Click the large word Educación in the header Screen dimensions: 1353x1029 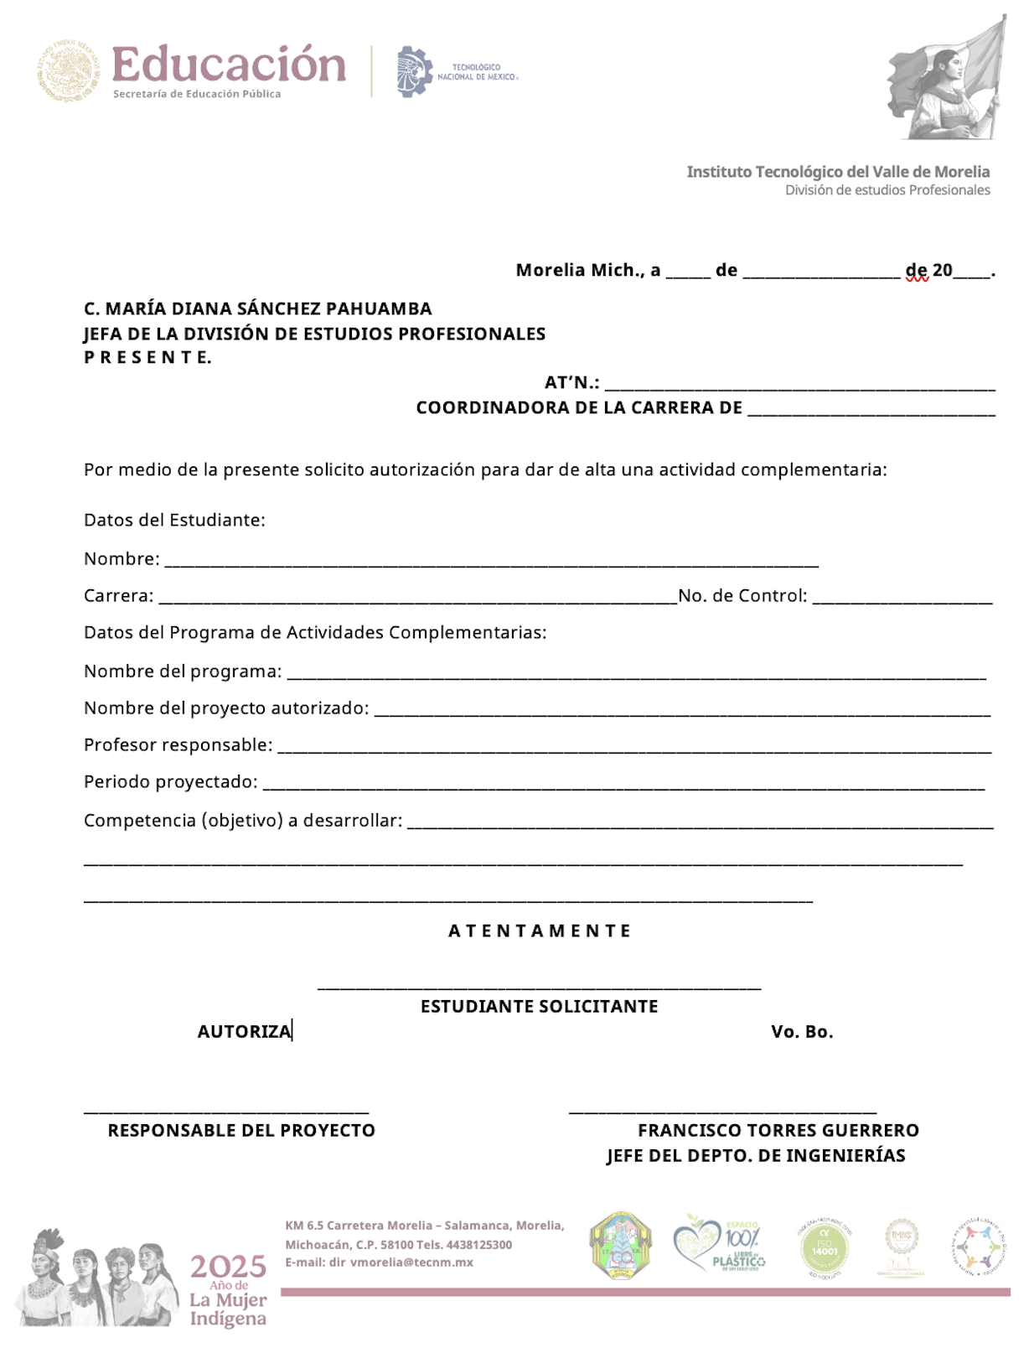(228, 65)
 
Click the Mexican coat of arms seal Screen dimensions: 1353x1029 (69, 71)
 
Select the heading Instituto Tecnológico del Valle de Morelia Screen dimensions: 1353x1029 (838, 172)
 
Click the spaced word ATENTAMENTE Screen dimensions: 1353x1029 (540, 931)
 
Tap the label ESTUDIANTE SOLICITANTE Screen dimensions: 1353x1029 (539, 1006)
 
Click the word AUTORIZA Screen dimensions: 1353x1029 (244, 1031)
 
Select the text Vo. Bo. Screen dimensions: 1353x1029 (802, 1031)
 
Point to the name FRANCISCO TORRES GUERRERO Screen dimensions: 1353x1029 (778, 1130)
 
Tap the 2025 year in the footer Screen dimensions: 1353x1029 (228, 1266)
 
